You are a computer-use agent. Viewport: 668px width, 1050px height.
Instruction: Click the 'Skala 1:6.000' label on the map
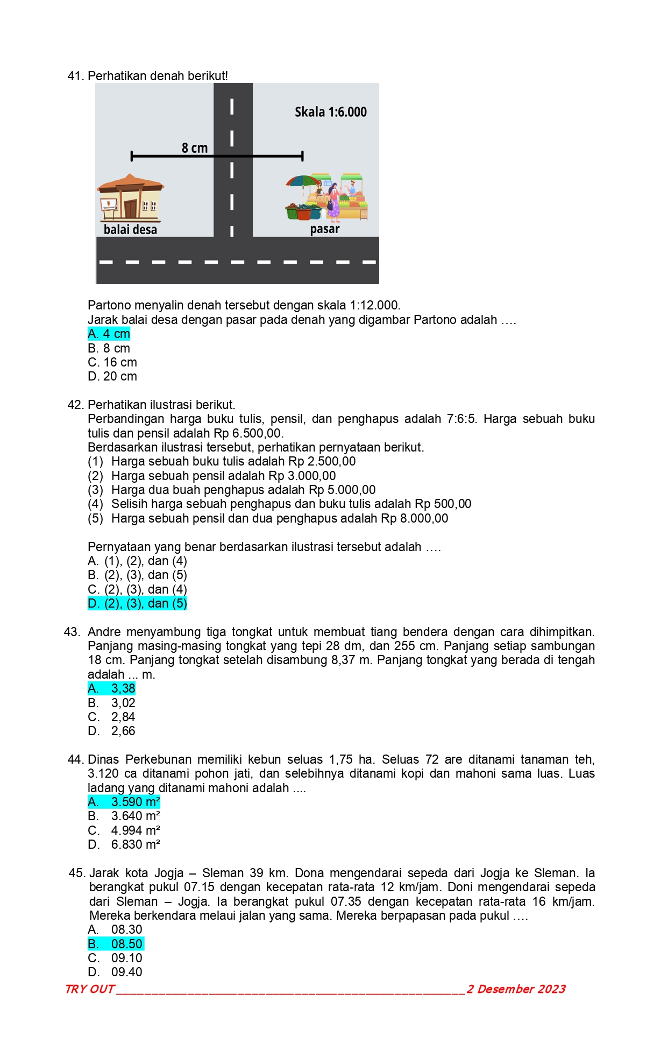(x=330, y=112)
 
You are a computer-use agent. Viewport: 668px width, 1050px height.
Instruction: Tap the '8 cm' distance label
(x=195, y=148)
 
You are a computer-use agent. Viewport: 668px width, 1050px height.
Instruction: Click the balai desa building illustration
(x=130, y=198)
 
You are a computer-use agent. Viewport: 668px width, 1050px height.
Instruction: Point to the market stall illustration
(x=327, y=197)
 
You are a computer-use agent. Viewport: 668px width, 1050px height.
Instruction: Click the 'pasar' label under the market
(x=325, y=229)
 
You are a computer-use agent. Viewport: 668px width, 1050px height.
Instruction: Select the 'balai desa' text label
(x=130, y=230)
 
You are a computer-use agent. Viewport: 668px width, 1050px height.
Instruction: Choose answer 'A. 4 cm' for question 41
(x=109, y=334)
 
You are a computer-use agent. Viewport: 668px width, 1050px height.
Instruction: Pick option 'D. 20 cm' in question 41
(x=112, y=377)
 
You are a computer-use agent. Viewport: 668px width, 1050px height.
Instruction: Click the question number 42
(x=75, y=405)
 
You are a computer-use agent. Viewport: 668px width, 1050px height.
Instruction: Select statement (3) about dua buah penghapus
(x=243, y=490)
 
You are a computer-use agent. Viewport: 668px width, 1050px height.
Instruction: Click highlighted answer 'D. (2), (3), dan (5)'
(x=138, y=604)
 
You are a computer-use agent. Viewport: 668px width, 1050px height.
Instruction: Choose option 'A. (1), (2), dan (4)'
(x=138, y=561)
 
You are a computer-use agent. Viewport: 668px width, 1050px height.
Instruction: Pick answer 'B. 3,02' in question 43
(x=112, y=703)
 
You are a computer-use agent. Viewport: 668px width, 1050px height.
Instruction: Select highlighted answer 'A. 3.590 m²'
(x=124, y=802)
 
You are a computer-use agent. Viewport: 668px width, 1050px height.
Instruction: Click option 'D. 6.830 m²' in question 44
(x=124, y=845)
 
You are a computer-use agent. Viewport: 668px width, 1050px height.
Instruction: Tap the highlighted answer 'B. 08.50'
(x=116, y=945)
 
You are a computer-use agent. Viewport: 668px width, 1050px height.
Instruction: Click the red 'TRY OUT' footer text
(x=89, y=989)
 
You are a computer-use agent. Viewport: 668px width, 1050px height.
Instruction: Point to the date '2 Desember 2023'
(x=516, y=989)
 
